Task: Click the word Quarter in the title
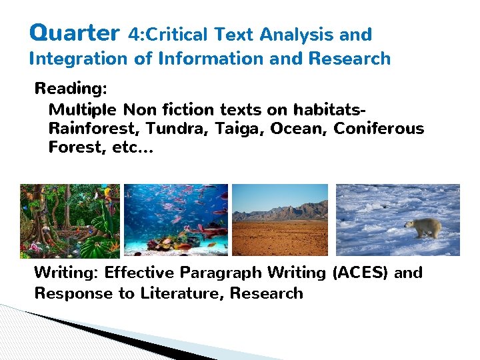click(75, 33)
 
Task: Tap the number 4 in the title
click(133, 34)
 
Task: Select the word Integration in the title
click(79, 59)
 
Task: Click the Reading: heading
click(71, 89)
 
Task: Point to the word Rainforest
click(93, 128)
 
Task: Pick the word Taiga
click(239, 129)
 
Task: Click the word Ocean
click(299, 128)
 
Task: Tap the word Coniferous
click(379, 128)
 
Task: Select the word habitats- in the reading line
click(331, 109)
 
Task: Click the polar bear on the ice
click(423, 227)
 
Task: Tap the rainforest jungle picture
click(70, 221)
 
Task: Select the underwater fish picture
click(176, 221)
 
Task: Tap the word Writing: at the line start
click(66, 273)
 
